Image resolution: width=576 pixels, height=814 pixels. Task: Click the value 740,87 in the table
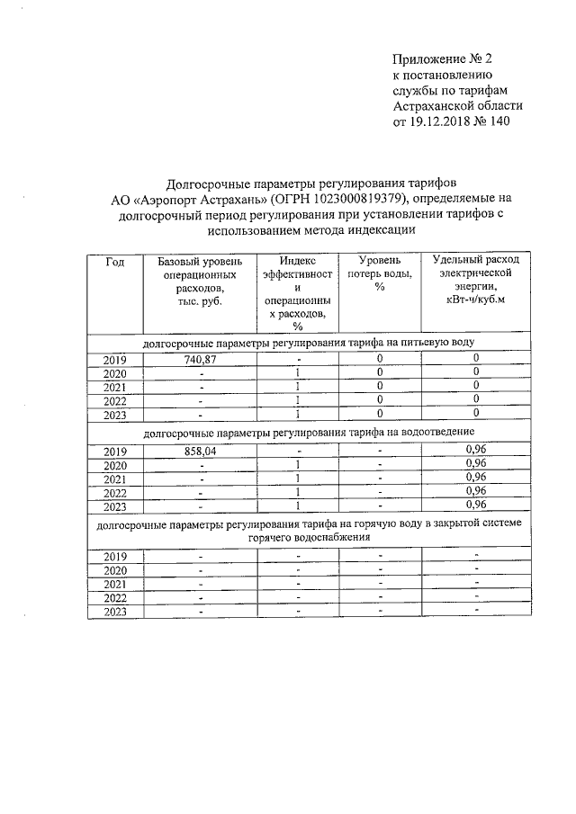(x=201, y=359)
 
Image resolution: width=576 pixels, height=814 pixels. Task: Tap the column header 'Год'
(x=114, y=262)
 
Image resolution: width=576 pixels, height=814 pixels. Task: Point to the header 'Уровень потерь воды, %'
(x=380, y=273)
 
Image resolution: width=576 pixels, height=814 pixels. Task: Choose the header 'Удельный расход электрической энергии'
(x=475, y=280)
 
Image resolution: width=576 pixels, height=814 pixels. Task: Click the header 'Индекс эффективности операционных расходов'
(x=296, y=293)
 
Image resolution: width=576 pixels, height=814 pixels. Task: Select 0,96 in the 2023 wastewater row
(x=475, y=505)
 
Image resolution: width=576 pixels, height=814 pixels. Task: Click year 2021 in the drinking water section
(x=114, y=387)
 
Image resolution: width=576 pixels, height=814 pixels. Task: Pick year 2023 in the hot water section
(x=114, y=612)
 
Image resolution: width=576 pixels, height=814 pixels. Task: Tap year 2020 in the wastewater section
(x=114, y=465)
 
